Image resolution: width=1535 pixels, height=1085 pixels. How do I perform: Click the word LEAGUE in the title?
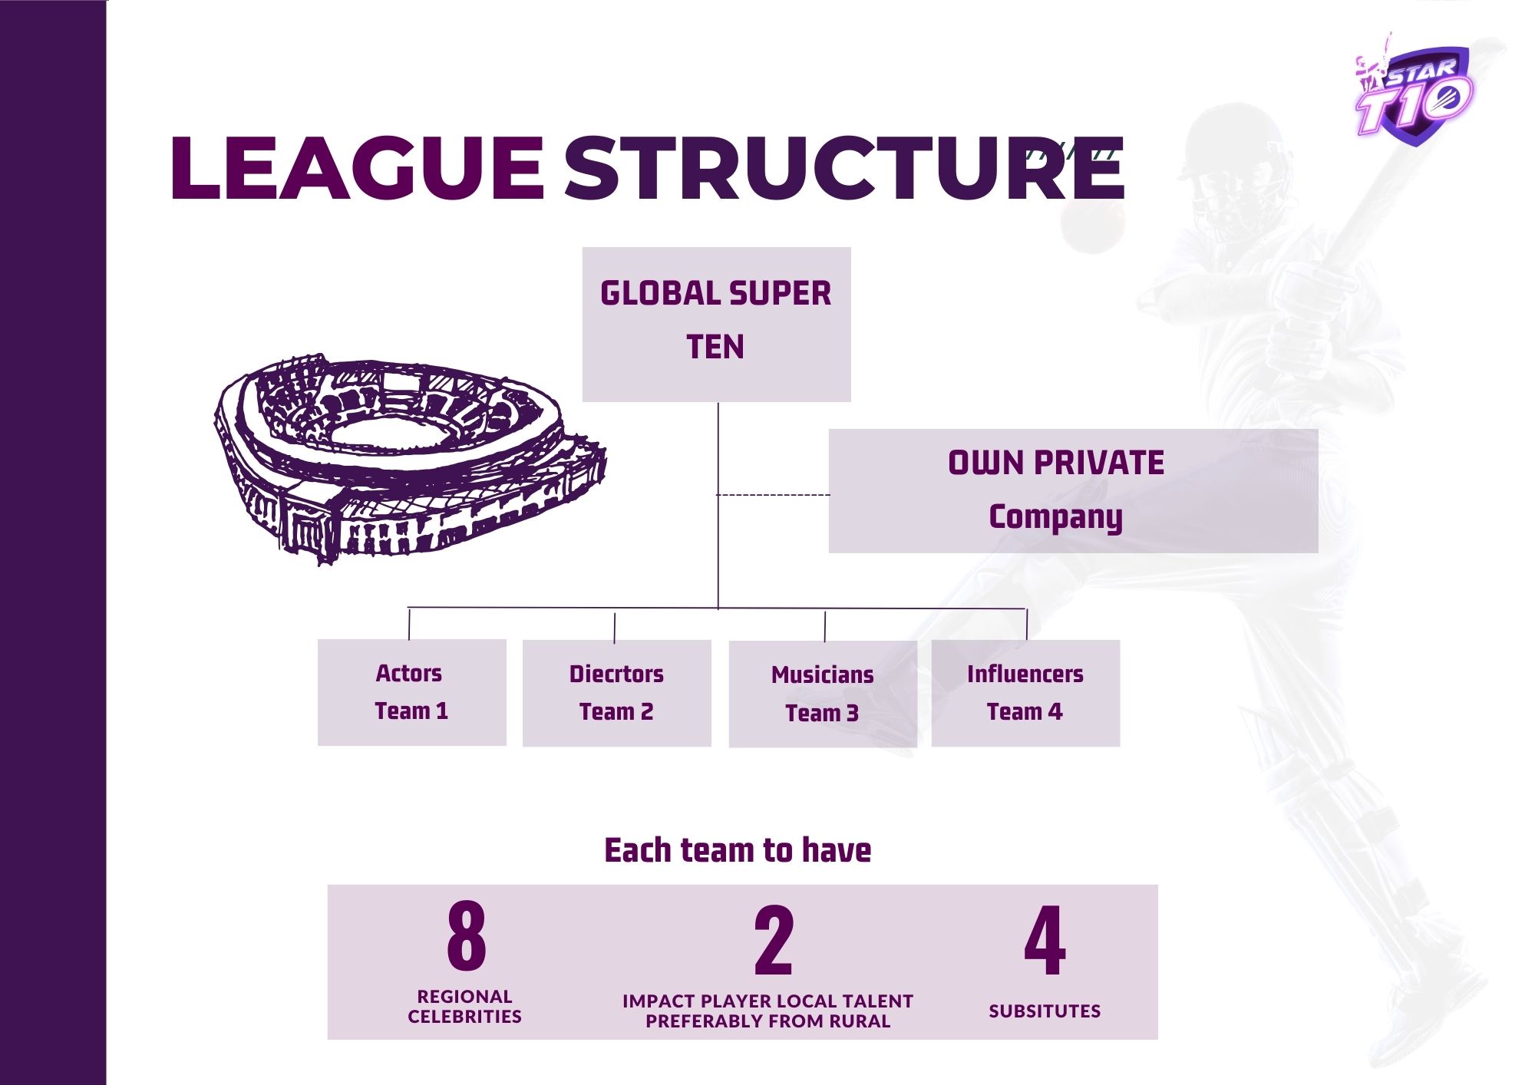[357, 168]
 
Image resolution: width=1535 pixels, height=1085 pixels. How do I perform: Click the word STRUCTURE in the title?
[844, 168]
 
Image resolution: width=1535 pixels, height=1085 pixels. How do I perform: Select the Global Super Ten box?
[716, 324]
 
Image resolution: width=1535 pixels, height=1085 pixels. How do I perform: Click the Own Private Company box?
[1073, 490]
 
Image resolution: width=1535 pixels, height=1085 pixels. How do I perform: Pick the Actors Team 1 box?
[411, 692]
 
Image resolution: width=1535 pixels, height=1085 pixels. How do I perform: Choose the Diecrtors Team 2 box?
[616, 693]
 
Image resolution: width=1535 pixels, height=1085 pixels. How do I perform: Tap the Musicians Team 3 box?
[822, 694]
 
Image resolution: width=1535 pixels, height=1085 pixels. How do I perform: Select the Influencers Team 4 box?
[1025, 693]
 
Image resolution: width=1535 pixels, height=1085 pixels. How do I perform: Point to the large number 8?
[467, 936]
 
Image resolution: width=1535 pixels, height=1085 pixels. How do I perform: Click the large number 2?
[774, 940]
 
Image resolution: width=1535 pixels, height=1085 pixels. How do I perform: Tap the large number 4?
[1045, 940]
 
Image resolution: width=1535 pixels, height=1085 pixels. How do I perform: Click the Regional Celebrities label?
[464, 1007]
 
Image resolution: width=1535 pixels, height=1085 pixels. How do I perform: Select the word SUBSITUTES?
[1045, 1011]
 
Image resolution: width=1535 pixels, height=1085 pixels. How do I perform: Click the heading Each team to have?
[738, 850]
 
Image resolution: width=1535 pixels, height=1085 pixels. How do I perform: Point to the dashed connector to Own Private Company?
[774, 495]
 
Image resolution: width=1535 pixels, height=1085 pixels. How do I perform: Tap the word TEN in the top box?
[715, 347]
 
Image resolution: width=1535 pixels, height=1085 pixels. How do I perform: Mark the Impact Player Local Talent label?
[767, 1011]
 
